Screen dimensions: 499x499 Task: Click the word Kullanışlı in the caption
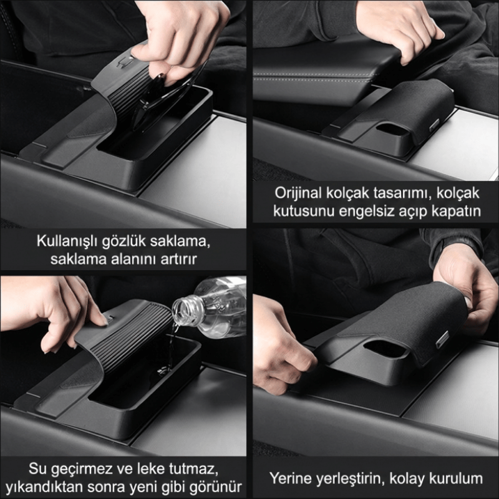point(67,241)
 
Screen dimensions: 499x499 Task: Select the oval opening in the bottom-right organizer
point(385,348)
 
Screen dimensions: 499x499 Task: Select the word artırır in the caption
point(179,259)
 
